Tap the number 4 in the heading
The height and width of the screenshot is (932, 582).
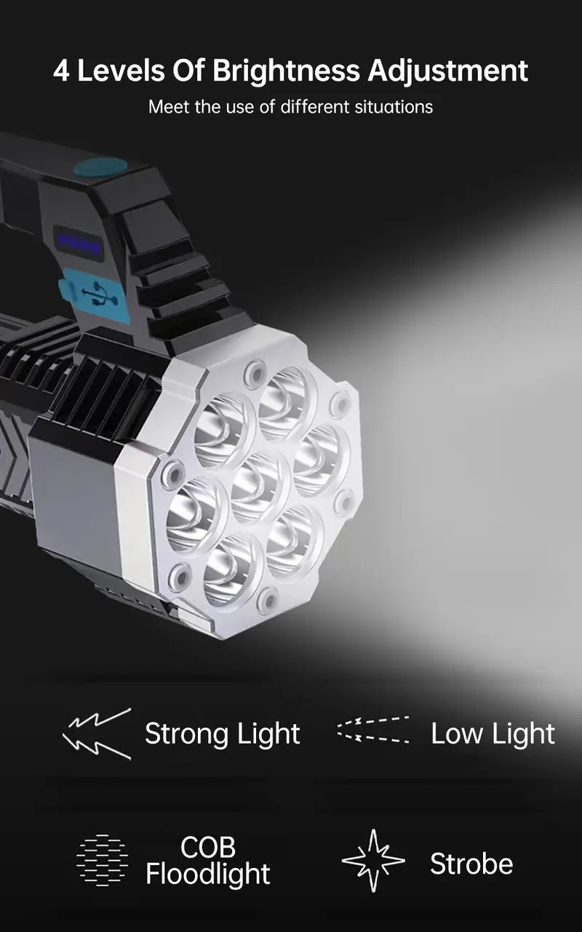[61, 71]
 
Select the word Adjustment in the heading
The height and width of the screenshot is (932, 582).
[447, 71]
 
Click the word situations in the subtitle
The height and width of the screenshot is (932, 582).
[394, 107]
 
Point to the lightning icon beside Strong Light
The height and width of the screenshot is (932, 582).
[97, 733]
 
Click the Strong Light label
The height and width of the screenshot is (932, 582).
[222, 733]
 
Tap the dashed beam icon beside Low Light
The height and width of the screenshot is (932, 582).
[373, 730]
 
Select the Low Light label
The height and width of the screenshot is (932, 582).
[493, 733]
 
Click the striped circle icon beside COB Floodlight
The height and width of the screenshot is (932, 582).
[102, 860]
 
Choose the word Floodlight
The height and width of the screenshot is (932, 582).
[208, 874]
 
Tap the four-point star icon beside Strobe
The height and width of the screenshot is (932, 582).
[373, 860]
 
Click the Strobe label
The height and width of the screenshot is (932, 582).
[471, 864]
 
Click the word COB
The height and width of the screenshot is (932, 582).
[208, 847]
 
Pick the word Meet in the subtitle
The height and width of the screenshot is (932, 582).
[165, 107]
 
